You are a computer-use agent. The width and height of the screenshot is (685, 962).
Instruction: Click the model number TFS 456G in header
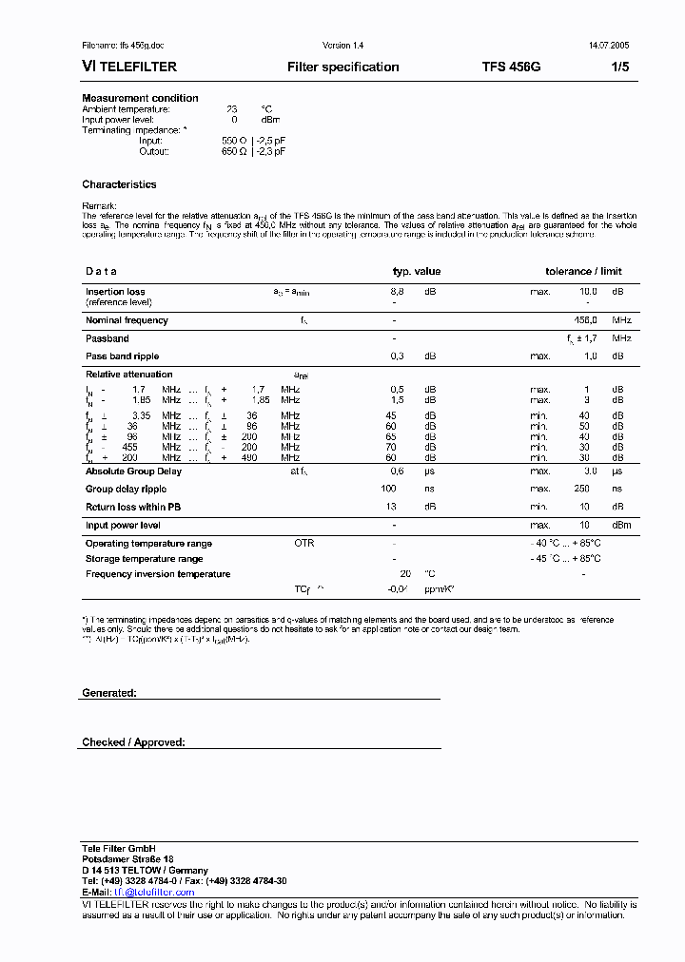[511, 67]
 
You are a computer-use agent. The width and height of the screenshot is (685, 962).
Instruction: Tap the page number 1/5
[618, 67]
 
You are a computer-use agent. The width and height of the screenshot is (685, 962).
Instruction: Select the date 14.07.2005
[607, 45]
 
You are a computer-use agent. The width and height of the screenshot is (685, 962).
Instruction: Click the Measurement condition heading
[140, 98]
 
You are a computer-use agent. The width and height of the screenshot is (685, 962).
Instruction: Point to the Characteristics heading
[119, 184]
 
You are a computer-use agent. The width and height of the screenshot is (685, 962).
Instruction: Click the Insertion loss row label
[115, 292]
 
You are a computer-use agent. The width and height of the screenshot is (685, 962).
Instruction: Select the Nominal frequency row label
[127, 320]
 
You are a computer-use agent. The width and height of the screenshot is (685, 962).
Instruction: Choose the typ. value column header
[417, 271]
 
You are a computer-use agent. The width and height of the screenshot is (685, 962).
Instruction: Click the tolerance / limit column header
[583, 271]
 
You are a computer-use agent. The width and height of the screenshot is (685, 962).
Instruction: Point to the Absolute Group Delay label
[133, 471]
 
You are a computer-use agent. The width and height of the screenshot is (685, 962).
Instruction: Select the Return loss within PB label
[133, 507]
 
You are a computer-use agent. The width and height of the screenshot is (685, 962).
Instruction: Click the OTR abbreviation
[303, 543]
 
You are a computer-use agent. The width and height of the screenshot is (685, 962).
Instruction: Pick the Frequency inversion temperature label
[158, 574]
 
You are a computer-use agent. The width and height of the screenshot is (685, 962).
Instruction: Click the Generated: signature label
[108, 693]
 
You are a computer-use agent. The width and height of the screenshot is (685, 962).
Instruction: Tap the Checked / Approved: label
[133, 741]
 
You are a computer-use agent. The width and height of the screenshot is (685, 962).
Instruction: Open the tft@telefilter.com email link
[154, 892]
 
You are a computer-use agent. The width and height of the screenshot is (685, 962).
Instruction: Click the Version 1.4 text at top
[342, 45]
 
